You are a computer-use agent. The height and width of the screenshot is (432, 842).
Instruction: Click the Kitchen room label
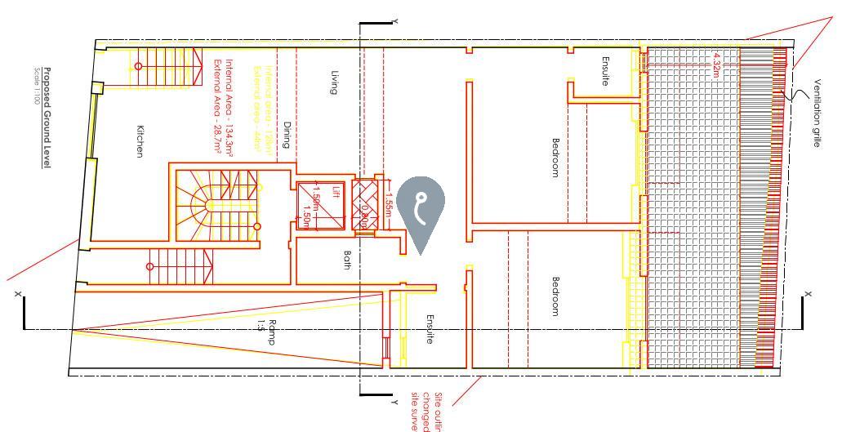click(x=140, y=142)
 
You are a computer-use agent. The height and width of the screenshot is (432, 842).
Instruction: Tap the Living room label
click(x=334, y=82)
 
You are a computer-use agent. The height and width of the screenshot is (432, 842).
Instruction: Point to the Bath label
click(x=347, y=260)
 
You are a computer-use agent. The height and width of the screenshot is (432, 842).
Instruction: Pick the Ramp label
click(x=272, y=331)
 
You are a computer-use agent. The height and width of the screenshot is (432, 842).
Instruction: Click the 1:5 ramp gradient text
click(x=261, y=326)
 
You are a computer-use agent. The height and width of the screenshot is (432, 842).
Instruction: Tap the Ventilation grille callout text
click(x=817, y=114)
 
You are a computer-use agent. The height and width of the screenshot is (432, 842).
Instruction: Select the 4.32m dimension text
click(x=716, y=63)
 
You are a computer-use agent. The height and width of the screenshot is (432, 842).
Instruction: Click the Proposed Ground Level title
click(x=47, y=118)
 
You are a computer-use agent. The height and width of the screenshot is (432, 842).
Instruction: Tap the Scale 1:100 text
click(x=37, y=86)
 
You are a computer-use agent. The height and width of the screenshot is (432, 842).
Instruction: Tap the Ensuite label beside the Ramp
click(x=430, y=329)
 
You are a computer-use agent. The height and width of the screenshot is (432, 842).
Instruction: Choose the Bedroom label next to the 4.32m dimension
click(x=555, y=157)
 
